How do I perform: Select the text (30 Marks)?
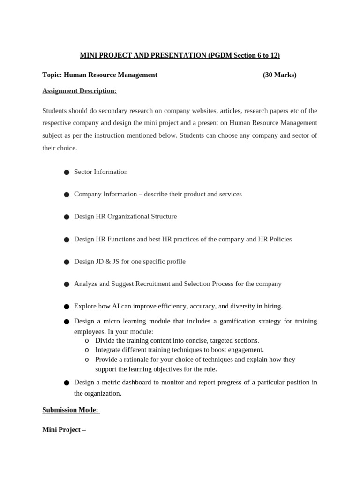(279, 75)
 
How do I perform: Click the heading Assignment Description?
(79, 90)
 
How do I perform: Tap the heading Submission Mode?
(70, 410)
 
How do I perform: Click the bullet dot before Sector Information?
(67, 172)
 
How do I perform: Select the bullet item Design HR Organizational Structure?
(125, 217)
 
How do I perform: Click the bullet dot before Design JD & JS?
(67, 262)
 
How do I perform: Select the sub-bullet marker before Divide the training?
(87, 341)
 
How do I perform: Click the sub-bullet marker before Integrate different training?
(87, 350)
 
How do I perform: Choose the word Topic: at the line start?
(52, 75)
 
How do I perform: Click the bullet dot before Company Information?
(67, 195)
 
